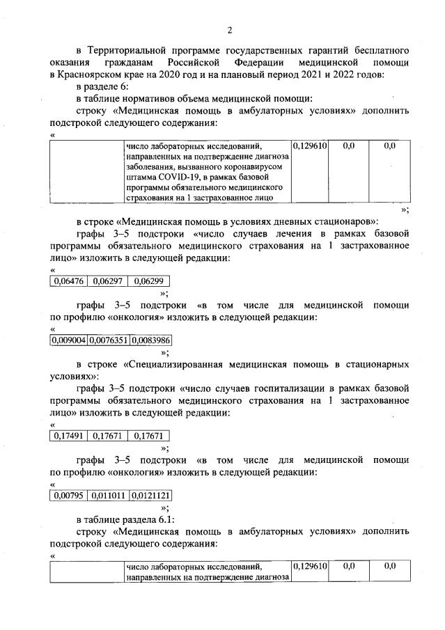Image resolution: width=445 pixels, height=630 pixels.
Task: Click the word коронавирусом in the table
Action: pyautogui.click(x=252, y=167)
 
